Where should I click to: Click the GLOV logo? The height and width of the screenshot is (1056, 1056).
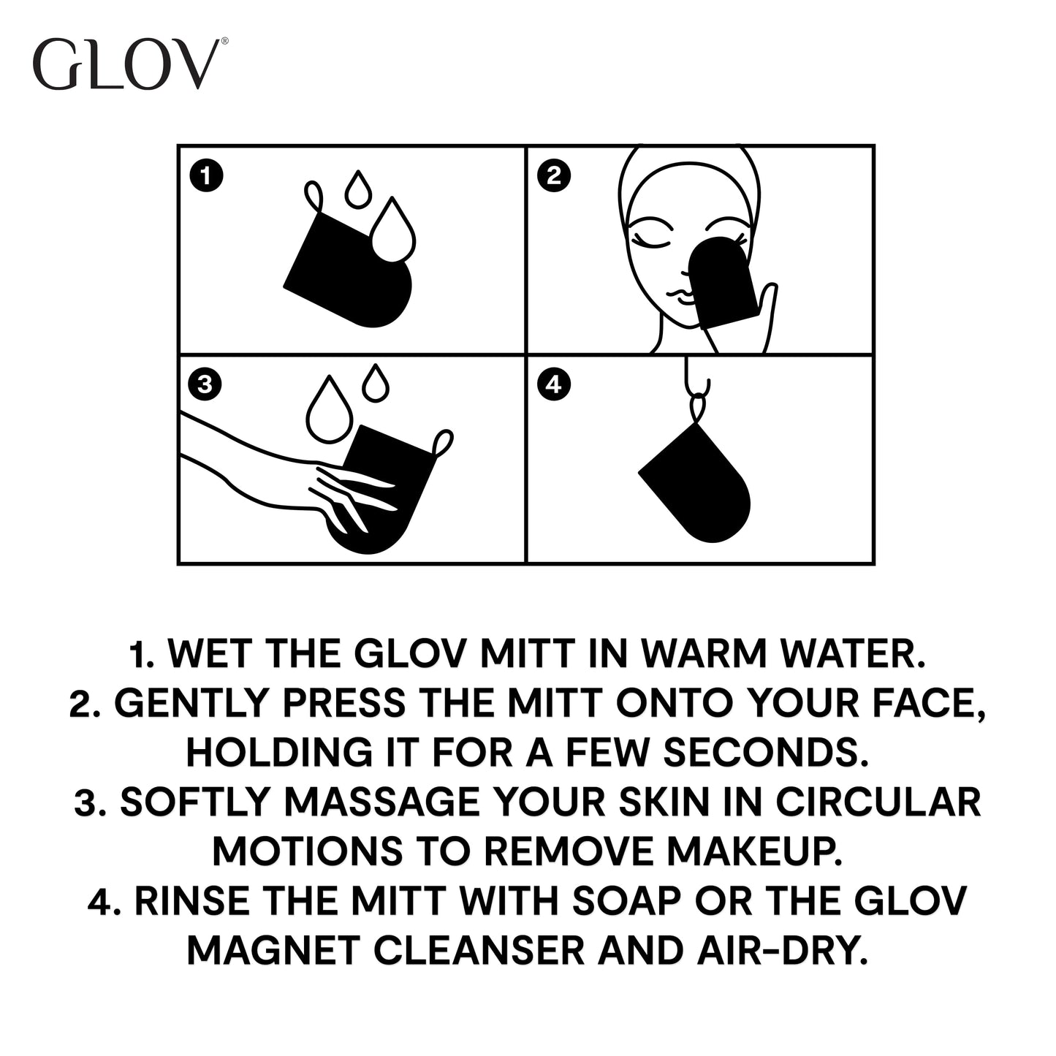pyautogui.click(x=129, y=66)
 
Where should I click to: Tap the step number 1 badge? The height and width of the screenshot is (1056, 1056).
pyautogui.click(x=205, y=176)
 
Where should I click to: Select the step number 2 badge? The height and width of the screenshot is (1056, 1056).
pyautogui.click(x=553, y=176)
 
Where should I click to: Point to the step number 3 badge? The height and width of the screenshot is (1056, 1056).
pyautogui.click(x=205, y=384)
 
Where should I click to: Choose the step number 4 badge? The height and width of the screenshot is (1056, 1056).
pyautogui.click(x=553, y=384)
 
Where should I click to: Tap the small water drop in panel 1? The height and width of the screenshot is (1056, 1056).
pyautogui.click(x=357, y=191)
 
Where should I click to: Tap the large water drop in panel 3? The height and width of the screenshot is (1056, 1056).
pyautogui.click(x=330, y=412)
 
